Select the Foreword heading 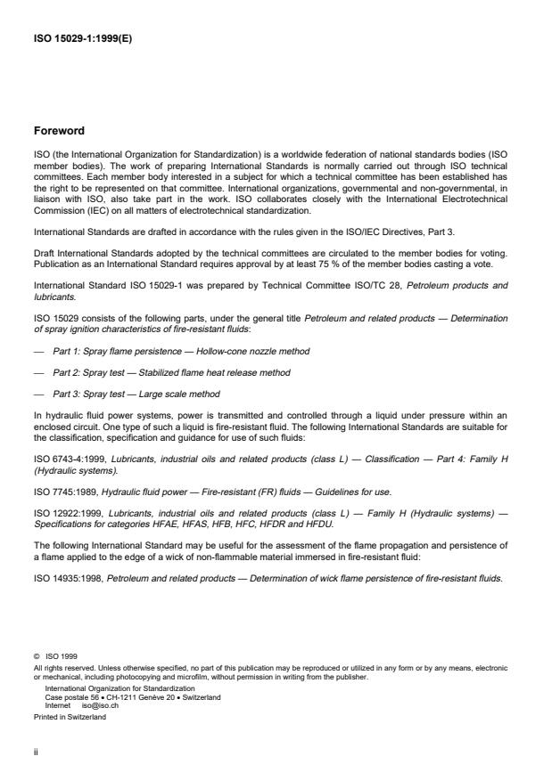click(59, 130)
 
